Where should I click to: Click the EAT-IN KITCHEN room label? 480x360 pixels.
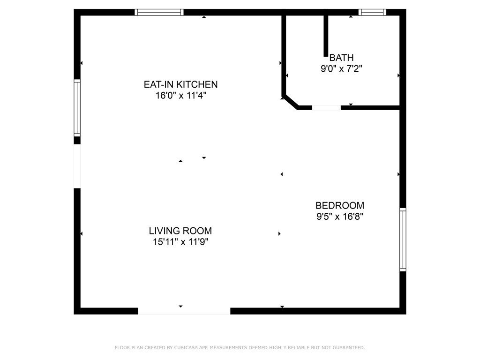tap(180, 84)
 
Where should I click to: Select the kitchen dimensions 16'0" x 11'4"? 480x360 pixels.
tap(180, 96)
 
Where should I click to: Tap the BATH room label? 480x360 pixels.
tap(341, 58)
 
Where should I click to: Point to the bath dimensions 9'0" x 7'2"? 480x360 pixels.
tap(341, 69)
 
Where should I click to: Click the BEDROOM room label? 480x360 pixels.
tap(340, 205)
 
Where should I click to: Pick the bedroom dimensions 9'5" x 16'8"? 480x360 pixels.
tap(340, 217)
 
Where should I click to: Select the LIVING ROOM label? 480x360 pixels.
tap(180, 231)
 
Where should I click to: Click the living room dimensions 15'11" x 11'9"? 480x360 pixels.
tap(180, 242)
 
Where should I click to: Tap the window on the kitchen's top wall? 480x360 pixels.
tap(159, 12)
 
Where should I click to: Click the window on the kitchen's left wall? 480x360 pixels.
tap(77, 108)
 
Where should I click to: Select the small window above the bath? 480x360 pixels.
tap(373, 12)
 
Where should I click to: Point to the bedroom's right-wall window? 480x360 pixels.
tap(403, 240)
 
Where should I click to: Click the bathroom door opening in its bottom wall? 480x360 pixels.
tap(326, 108)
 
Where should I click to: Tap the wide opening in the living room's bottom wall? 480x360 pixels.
tap(184, 311)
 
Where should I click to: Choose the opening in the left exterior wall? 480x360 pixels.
tap(77, 166)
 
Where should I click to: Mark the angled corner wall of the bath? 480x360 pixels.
tap(291, 102)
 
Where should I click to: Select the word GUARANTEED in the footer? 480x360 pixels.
tap(349, 348)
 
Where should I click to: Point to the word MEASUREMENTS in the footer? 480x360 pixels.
tap(227, 348)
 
